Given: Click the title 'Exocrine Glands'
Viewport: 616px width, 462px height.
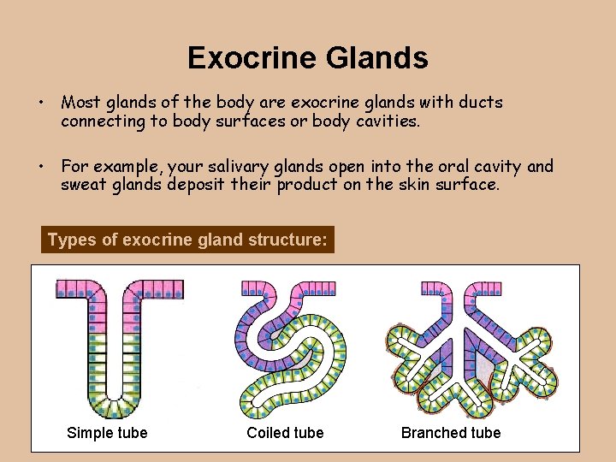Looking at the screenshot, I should tap(308, 58).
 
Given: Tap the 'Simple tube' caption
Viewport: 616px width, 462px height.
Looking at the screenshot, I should tap(107, 433).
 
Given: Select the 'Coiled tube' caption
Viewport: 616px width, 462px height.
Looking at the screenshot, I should tap(285, 433).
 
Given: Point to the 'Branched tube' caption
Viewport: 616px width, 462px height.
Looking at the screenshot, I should tap(451, 433).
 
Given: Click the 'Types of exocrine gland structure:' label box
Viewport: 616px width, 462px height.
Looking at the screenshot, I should tap(187, 240).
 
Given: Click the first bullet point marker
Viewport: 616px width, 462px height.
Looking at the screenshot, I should tap(40, 103).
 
